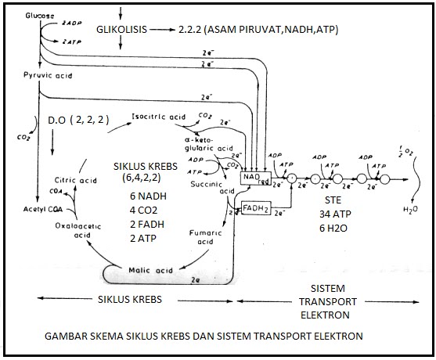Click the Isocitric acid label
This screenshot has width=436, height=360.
(x=158, y=117)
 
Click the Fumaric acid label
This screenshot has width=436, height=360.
(x=204, y=237)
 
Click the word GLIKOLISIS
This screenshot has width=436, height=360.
(x=127, y=29)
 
